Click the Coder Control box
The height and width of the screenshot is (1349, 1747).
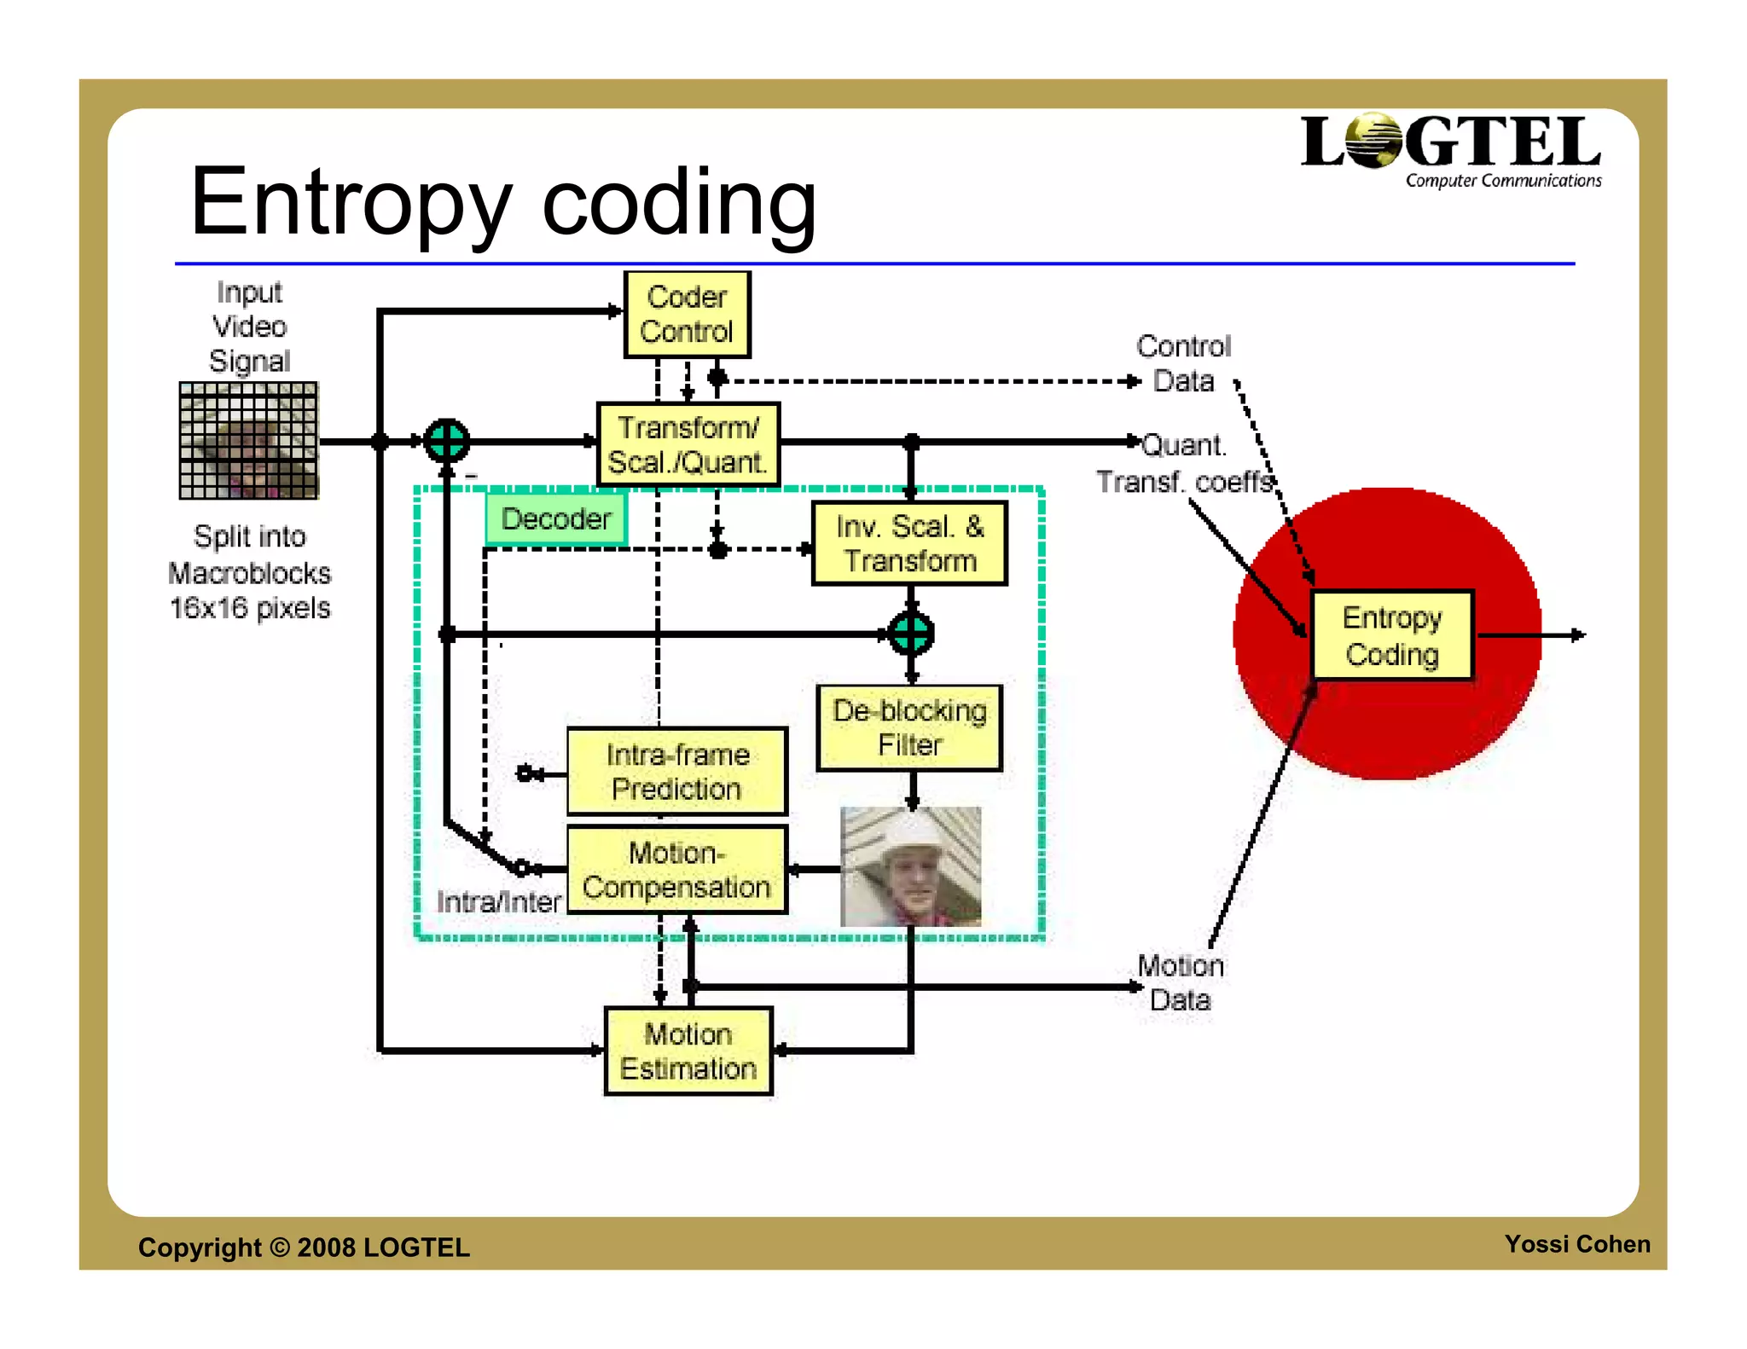click(x=687, y=315)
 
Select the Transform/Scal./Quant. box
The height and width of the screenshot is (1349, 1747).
click(x=688, y=444)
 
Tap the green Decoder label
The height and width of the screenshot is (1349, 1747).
click(x=556, y=518)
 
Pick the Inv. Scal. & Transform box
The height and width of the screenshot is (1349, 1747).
click(x=909, y=543)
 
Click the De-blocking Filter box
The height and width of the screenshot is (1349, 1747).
click(x=909, y=727)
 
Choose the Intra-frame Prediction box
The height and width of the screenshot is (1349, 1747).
click(x=677, y=772)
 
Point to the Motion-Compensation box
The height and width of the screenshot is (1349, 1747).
click(x=677, y=869)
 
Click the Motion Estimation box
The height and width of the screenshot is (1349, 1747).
click(x=688, y=1051)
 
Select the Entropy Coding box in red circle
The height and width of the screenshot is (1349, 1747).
click(x=1392, y=635)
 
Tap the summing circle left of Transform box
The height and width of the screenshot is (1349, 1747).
click(x=447, y=441)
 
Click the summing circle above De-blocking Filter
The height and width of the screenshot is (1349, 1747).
click(x=911, y=634)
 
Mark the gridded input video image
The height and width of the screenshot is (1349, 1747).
click(x=248, y=441)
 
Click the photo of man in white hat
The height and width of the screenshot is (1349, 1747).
click(x=910, y=866)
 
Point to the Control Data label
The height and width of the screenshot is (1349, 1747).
click(x=1183, y=363)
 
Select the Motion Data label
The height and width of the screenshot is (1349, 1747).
click(x=1181, y=982)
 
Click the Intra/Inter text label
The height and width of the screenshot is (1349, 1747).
click(x=498, y=901)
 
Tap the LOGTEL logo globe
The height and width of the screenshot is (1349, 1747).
click(x=1373, y=141)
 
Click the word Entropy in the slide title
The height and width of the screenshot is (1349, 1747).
click(x=351, y=205)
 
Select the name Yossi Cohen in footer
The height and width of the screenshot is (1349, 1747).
click(x=1576, y=1244)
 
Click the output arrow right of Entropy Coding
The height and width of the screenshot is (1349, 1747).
click(x=1575, y=634)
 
